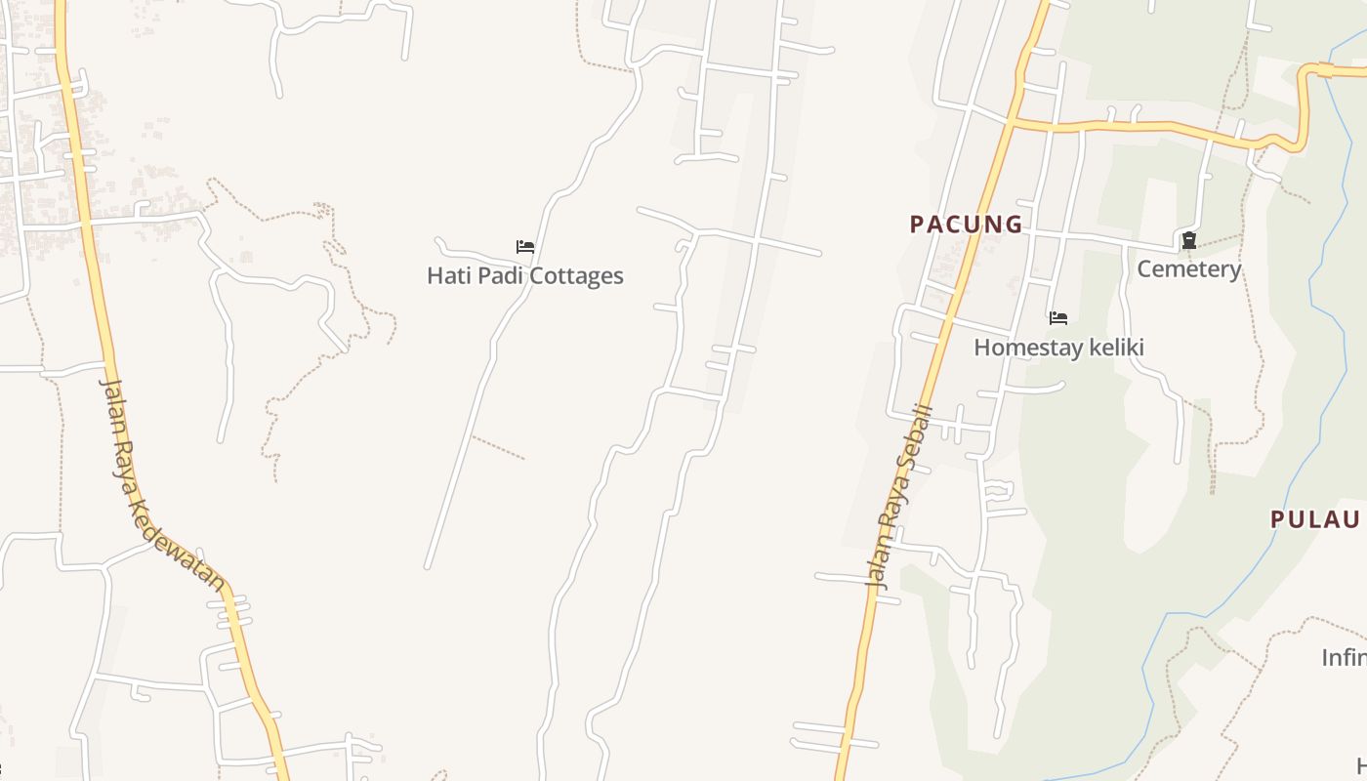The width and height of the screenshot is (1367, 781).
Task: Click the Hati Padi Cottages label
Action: click(524, 275)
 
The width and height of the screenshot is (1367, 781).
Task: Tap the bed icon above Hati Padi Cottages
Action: click(525, 247)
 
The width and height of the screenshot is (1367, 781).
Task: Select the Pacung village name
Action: click(966, 225)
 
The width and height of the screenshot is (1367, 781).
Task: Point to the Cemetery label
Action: click(1188, 268)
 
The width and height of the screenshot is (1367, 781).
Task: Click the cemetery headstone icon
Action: click(1188, 240)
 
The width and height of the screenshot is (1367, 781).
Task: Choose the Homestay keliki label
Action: click(1058, 348)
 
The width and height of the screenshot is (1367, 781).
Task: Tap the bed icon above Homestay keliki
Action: click(1057, 318)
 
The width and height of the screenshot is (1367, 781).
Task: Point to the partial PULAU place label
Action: click(1315, 519)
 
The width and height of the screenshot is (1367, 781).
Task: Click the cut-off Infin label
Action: click(1344, 658)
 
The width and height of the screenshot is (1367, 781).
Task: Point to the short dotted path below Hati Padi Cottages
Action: click(498, 447)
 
